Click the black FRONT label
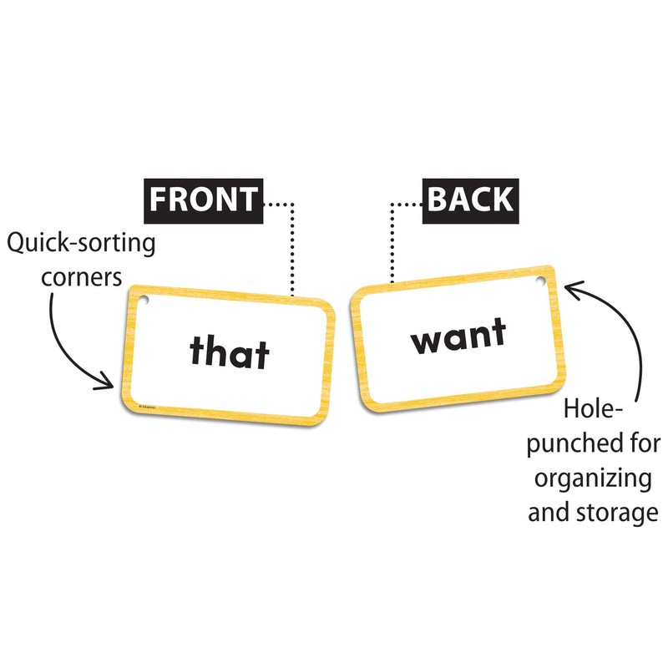[202, 200]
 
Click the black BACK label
[470, 200]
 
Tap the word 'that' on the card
[229, 350]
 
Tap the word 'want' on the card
[458, 337]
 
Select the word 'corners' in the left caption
[81, 276]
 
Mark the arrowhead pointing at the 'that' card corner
[106, 382]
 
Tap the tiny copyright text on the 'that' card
[147, 406]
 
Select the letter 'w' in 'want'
[427, 341]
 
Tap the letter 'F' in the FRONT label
[158, 200]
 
